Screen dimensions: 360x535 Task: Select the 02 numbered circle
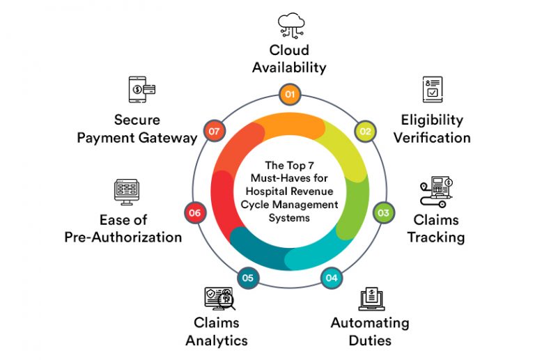[364, 130]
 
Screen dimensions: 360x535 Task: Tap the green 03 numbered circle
[383, 212]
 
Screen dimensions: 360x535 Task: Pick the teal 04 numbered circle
[331, 279]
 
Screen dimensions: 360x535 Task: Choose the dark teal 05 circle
[247, 279]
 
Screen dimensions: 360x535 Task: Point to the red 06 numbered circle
[195, 212]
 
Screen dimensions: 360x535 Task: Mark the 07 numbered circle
[213, 130]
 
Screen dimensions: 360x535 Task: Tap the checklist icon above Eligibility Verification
[433, 90]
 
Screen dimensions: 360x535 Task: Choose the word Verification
[432, 137]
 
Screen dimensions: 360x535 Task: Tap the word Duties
[370, 341]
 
